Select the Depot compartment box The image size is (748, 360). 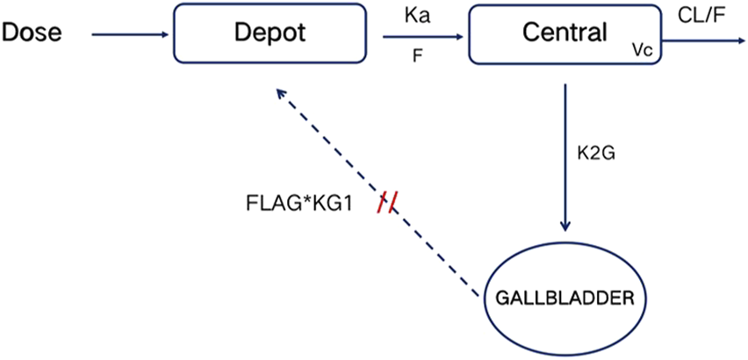point(270,53)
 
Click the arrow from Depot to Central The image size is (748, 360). point(421,37)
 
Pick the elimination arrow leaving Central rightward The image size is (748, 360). point(702,37)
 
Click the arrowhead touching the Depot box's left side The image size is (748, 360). point(167,35)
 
